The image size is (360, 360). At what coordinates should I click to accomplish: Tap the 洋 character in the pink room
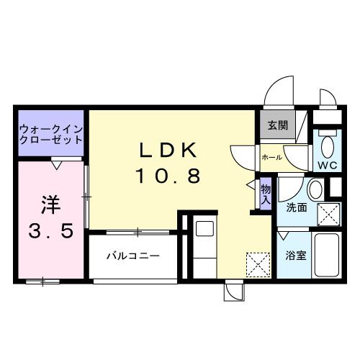click(50, 204)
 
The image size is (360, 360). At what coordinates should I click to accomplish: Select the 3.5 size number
click(50, 232)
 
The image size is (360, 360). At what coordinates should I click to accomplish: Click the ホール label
click(271, 156)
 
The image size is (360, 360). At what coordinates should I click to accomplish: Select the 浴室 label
click(296, 254)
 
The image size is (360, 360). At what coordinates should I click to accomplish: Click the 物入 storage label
click(265, 194)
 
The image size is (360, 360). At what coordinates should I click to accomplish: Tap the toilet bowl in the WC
click(327, 147)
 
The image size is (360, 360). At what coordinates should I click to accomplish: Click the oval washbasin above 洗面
click(315, 190)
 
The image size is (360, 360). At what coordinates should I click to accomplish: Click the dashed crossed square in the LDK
click(256, 264)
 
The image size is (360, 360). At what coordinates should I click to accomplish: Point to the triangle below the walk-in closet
click(56, 164)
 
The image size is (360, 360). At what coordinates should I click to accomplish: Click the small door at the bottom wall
click(234, 292)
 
